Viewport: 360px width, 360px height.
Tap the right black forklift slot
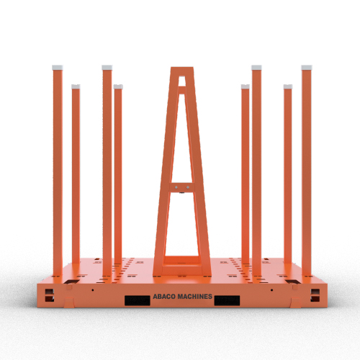pos(226,300)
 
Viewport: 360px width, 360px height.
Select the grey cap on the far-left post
pos(58,66)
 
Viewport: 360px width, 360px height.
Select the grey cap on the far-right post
pos(307,66)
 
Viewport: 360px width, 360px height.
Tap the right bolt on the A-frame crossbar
pos(186,189)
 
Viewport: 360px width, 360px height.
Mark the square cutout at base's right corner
pos(314,294)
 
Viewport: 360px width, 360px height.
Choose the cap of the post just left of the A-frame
pos(118,86)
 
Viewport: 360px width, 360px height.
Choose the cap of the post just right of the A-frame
pos(245,86)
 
